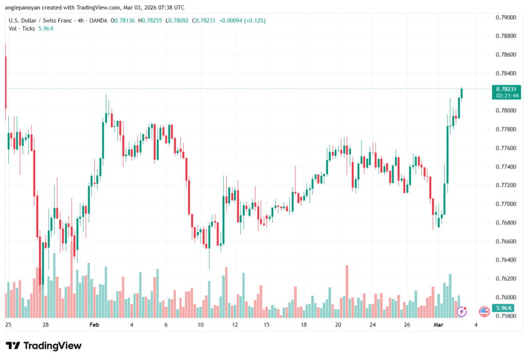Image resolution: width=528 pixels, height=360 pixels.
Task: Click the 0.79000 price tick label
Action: pyautogui.click(x=505, y=18)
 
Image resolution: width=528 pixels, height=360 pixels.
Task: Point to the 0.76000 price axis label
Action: pyautogui.click(x=505, y=297)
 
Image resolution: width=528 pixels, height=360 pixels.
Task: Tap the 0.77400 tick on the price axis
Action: pyautogui.click(x=505, y=167)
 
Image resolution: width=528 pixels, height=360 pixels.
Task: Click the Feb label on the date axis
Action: pyautogui.click(x=94, y=325)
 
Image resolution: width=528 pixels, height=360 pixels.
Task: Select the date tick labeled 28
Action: pyautogui.click(x=45, y=325)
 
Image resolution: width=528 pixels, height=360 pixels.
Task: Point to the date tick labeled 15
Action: pyautogui.click(x=266, y=325)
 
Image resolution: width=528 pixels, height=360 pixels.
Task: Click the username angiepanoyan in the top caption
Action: pyautogui.click(x=28, y=8)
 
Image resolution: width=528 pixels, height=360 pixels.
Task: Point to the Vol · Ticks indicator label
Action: pyautogui.click(x=22, y=28)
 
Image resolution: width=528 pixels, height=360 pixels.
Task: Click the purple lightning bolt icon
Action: pyautogui.click(x=462, y=311)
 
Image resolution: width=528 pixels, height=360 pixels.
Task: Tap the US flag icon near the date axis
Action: pyautogui.click(x=484, y=311)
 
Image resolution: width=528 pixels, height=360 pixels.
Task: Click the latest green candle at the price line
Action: pyautogui.click(x=462, y=93)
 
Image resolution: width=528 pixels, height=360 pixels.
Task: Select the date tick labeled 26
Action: pyautogui.click(x=406, y=325)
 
